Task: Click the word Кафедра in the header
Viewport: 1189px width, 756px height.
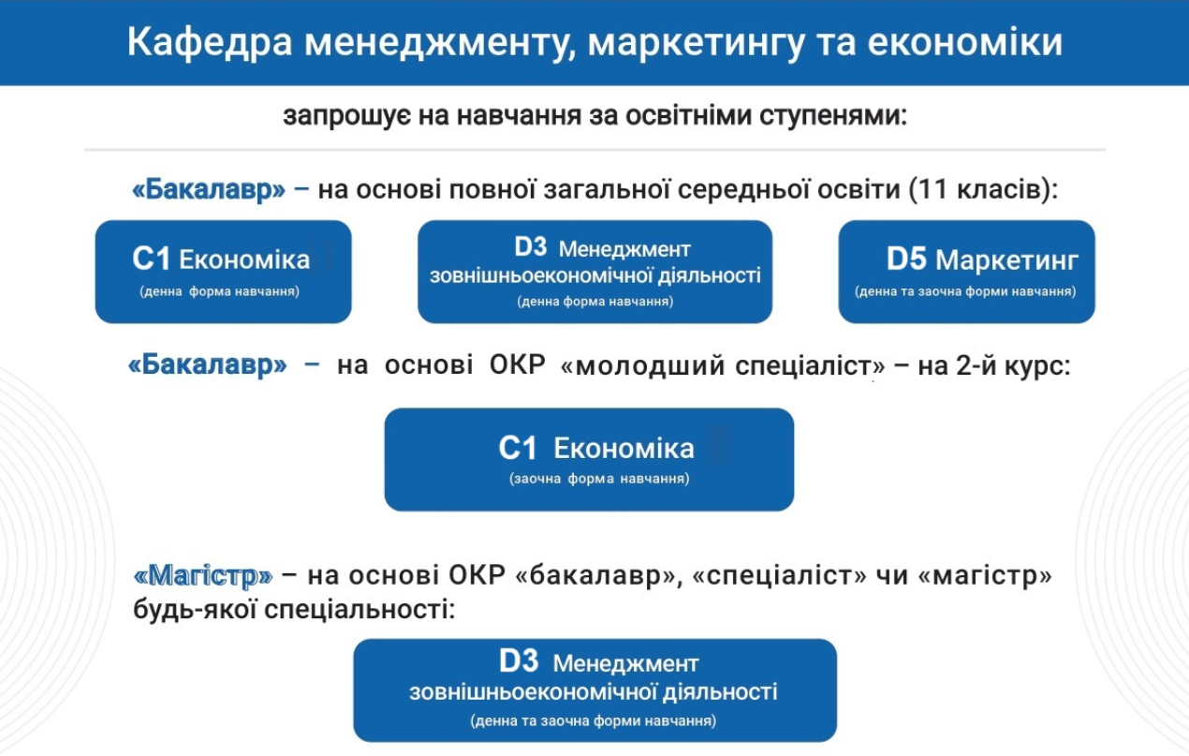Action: point(210,42)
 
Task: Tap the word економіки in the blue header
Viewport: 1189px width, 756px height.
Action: point(965,42)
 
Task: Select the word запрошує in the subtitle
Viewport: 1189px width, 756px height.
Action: point(346,116)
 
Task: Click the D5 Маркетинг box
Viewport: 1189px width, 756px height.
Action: point(966,272)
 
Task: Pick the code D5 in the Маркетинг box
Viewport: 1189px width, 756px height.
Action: point(906,259)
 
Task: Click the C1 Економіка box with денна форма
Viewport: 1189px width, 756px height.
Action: point(224,272)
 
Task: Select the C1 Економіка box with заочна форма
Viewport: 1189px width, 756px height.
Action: point(589,460)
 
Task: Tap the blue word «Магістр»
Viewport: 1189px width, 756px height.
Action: point(203,575)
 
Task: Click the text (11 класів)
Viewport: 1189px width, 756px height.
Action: point(982,189)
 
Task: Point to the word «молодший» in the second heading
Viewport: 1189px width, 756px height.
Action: point(643,365)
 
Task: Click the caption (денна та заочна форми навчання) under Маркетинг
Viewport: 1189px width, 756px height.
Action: point(965,291)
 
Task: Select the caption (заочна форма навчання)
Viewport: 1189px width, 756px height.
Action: point(599,479)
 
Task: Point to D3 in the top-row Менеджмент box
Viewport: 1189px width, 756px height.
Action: point(530,247)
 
